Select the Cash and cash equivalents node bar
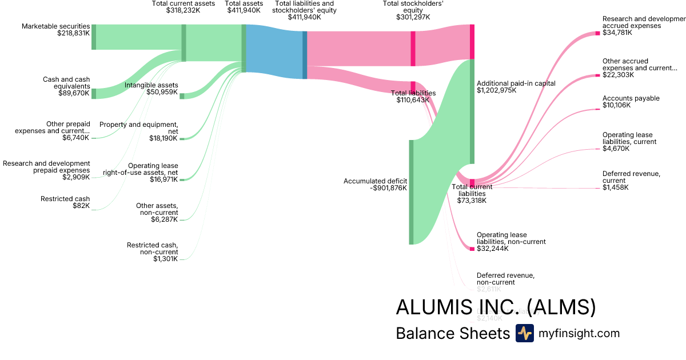[x=94, y=94]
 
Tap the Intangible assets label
[x=151, y=85]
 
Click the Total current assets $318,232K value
[x=184, y=10]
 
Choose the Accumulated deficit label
[x=375, y=181]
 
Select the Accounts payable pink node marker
[x=598, y=109]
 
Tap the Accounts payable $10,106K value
[x=616, y=105]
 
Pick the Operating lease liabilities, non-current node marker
[x=472, y=249]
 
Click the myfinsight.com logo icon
[x=524, y=333]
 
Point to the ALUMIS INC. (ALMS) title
[x=496, y=307]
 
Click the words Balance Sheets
[x=452, y=334]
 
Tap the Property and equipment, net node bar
[x=182, y=139]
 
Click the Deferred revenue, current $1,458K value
[x=616, y=187]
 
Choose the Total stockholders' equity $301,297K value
[x=413, y=17]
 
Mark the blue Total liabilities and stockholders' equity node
[x=305, y=55]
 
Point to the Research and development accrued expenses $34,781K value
[x=617, y=33]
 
